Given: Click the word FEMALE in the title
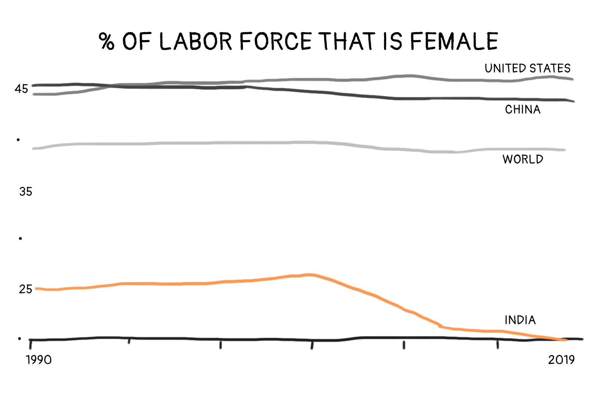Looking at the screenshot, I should click(x=454, y=41).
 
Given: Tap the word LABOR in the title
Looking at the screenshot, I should click(x=196, y=41).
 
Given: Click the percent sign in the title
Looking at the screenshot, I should click(x=107, y=41).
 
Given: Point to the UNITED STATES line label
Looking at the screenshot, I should click(x=527, y=68).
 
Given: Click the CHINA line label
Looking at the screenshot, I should click(x=522, y=109).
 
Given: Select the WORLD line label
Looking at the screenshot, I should click(x=523, y=159).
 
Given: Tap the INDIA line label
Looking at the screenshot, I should click(x=520, y=320).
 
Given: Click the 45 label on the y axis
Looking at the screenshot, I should click(x=21, y=89).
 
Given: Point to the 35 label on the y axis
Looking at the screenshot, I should click(x=25, y=192).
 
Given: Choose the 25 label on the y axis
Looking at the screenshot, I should click(x=25, y=289).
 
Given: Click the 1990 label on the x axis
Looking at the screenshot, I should click(x=39, y=360).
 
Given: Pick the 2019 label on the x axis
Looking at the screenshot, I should click(x=561, y=360).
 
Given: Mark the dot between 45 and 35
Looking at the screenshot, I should click(x=18, y=140).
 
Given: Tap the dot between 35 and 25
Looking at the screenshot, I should click(x=20, y=239).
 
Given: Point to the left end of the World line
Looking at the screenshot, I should click(x=33, y=148).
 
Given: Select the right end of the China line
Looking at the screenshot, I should click(x=573, y=101).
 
